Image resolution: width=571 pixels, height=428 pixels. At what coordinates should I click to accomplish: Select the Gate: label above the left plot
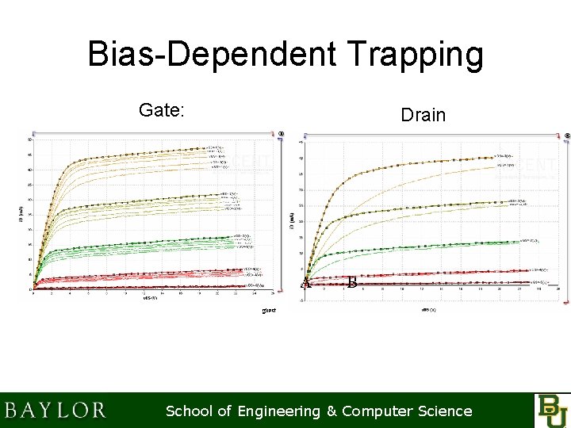(x=161, y=110)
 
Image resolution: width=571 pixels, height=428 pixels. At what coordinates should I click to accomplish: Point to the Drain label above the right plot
(x=423, y=116)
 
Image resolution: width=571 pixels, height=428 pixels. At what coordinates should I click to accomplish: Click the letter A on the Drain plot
(x=306, y=283)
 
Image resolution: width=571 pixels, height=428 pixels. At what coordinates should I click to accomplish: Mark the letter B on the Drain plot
(x=352, y=282)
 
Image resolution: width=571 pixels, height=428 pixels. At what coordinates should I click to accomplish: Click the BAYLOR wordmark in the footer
(x=55, y=411)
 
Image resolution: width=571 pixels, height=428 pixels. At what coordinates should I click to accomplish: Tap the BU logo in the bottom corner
(x=551, y=410)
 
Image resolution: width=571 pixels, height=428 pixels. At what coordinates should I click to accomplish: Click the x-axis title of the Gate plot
(x=148, y=299)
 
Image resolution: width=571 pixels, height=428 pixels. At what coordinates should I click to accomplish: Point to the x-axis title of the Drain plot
(x=429, y=308)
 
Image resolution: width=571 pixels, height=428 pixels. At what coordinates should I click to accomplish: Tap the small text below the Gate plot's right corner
(x=269, y=311)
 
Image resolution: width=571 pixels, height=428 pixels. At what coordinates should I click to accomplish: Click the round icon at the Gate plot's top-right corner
(x=281, y=132)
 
